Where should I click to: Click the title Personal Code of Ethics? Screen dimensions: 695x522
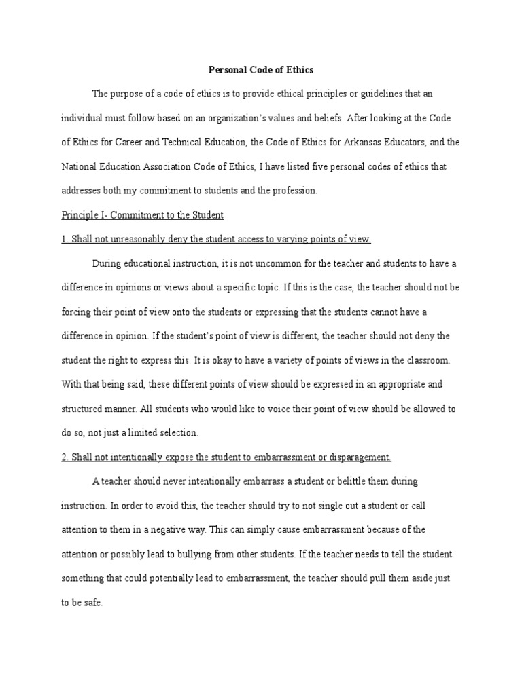261,69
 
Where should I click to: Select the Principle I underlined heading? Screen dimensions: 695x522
142,215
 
